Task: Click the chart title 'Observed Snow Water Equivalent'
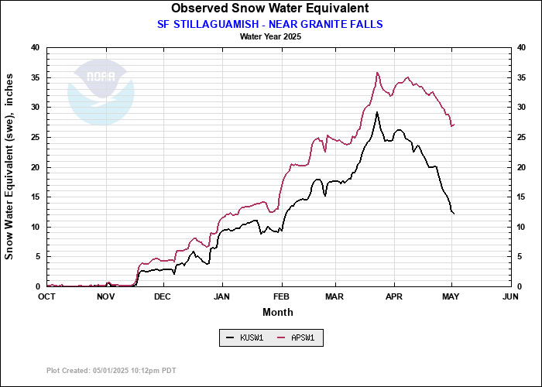coord(270,9)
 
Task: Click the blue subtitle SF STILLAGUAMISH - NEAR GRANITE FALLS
coord(270,24)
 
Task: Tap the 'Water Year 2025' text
coord(270,36)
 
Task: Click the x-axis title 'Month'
coord(278,312)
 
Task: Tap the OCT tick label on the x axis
coord(47,296)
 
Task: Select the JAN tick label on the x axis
coord(222,296)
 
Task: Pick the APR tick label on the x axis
coord(394,296)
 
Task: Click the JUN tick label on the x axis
coord(510,296)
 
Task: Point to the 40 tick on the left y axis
coord(35,48)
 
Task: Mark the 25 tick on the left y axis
coord(35,137)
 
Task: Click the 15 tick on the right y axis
coord(523,197)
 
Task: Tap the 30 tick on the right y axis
coord(523,108)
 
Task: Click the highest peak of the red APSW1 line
coord(377,73)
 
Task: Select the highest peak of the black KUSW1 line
coord(377,112)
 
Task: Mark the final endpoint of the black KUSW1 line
coord(454,213)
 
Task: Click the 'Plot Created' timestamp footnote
coord(111,371)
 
